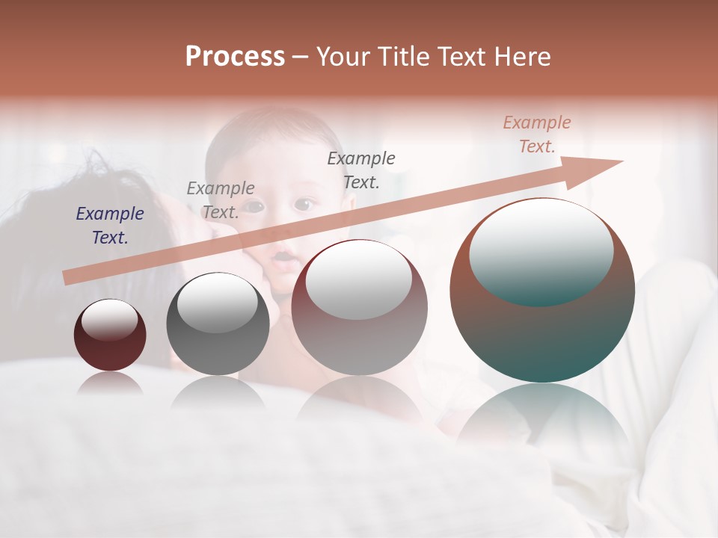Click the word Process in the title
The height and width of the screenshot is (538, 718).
click(x=235, y=57)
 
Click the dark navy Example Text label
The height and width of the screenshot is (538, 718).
click(x=110, y=226)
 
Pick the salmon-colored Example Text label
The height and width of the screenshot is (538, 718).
click(x=537, y=134)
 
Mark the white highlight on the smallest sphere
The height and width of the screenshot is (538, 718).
click(x=109, y=319)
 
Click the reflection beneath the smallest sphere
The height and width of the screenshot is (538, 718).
click(x=110, y=384)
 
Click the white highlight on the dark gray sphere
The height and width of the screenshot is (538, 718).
click(x=217, y=303)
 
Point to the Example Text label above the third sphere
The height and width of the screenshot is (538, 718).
click(x=361, y=170)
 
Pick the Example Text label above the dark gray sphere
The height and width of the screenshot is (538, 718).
click(x=221, y=200)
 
